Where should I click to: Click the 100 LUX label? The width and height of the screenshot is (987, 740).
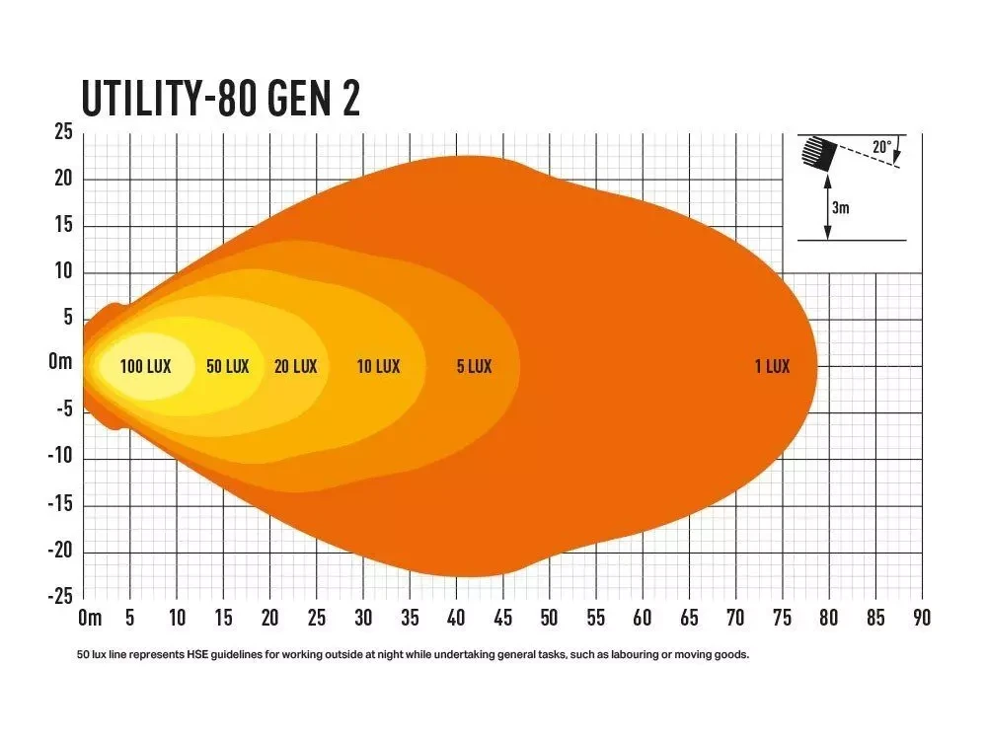145,366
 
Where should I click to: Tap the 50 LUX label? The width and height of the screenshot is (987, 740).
228,366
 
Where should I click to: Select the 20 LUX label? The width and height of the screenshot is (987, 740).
296,366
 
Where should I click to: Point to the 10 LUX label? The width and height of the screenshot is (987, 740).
379,366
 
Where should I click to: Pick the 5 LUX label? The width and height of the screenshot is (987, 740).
474,366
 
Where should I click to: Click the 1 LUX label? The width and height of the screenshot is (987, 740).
772,366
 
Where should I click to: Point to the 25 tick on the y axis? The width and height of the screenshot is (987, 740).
62,132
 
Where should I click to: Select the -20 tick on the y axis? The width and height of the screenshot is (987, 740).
60,551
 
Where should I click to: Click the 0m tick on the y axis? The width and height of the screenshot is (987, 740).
60,363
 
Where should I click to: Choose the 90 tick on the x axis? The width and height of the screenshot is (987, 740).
922,619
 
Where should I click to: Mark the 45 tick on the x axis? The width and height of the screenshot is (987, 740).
502,619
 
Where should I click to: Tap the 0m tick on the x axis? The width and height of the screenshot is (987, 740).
89,619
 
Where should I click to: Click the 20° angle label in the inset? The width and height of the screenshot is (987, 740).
881,148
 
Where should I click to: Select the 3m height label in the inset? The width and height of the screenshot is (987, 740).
841,208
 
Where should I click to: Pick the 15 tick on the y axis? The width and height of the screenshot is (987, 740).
62,226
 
